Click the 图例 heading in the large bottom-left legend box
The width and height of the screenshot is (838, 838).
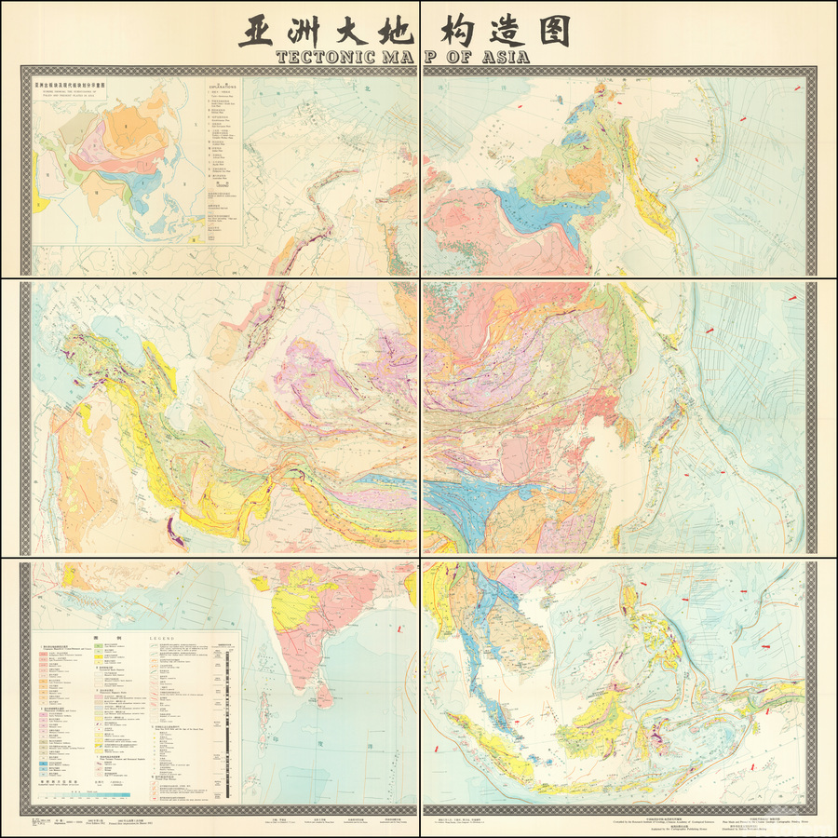(x=88, y=639)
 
